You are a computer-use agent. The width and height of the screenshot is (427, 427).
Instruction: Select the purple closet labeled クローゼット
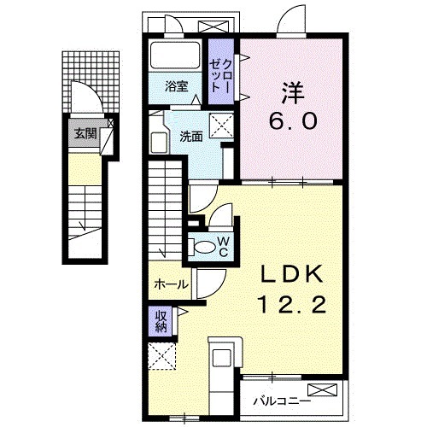222,72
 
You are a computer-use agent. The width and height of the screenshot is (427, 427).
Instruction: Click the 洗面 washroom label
190,135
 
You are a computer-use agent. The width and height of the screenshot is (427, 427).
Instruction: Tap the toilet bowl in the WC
205,247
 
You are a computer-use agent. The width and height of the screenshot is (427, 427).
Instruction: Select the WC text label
222,247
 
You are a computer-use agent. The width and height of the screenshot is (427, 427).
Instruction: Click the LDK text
292,274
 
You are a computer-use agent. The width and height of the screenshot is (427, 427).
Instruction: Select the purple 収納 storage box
161,321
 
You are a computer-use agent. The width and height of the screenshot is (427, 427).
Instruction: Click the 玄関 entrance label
85,133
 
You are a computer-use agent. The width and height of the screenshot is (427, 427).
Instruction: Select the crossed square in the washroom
224,126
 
